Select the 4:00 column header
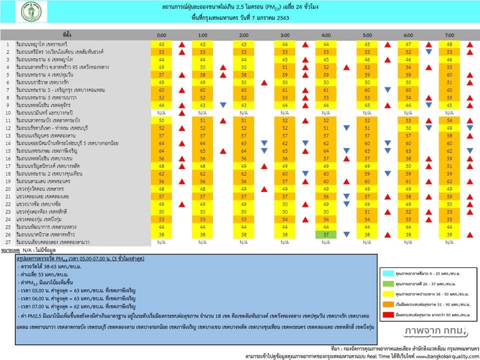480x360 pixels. [x=326, y=35]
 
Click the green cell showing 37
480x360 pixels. [x=326, y=234]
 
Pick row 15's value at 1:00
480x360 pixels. [x=202, y=150]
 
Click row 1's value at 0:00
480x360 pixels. [x=161, y=44]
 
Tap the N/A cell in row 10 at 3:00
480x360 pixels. [x=285, y=113]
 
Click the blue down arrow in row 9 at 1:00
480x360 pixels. [x=223, y=105]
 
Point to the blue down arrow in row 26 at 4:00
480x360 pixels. [x=346, y=234]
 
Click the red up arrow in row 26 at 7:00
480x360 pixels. [x=469, y=234]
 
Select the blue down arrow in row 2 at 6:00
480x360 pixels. [x=428, y=52]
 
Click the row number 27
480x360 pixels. [x=7, y=242]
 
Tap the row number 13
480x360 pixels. [x=7, y=135]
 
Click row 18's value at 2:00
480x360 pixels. [x=244, y=173]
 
